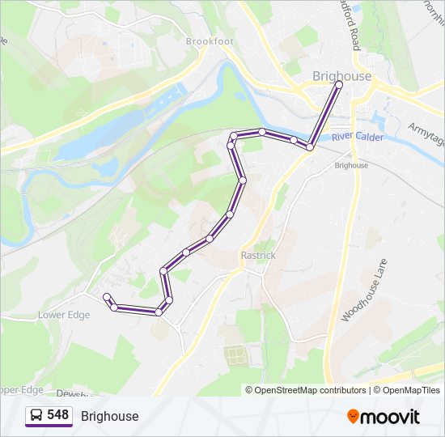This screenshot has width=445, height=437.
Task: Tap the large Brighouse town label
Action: click(341, 76)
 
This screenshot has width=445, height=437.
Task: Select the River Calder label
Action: click(357, 137)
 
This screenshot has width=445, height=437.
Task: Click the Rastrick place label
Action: click(258, 255)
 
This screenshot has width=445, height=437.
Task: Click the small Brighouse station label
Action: click(351, 165)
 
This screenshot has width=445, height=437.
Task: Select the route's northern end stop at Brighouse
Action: click(339, 84)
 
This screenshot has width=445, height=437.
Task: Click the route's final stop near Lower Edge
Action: click(107, 296)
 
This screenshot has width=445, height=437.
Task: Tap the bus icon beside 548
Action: click(36, 415)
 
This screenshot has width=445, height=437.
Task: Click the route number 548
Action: click(58, 415)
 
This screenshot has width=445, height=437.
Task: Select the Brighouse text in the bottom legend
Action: click(109, 416)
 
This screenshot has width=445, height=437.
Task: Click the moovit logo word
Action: click(391, 416)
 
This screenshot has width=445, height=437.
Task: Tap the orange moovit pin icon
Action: click(353, 416)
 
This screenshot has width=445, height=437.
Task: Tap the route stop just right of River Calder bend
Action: click(310, 147)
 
